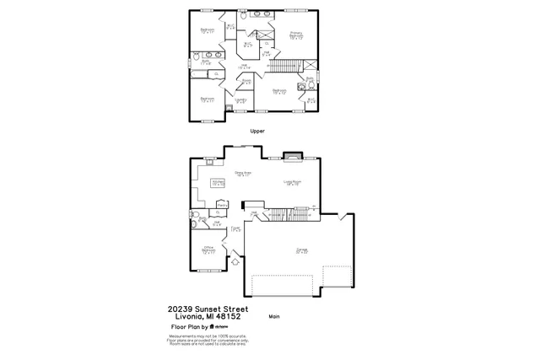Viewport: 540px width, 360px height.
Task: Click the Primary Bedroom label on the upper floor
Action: pos(296,36)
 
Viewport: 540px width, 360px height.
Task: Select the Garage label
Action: pos(301,250)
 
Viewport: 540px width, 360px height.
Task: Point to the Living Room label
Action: pos(293,182)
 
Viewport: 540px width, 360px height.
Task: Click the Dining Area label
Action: pos(243,174)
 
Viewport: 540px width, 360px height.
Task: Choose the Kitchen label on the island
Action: pos(218,182)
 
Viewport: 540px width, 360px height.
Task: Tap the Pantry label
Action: pos(223,204)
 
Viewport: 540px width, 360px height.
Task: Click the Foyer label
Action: pos(236,228)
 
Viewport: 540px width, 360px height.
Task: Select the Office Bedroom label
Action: pos(208,250)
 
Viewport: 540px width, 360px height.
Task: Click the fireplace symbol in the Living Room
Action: pos(291,155)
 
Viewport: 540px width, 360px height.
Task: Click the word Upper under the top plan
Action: pos(258,132)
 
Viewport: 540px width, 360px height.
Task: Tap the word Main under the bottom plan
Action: pos(273,316)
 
